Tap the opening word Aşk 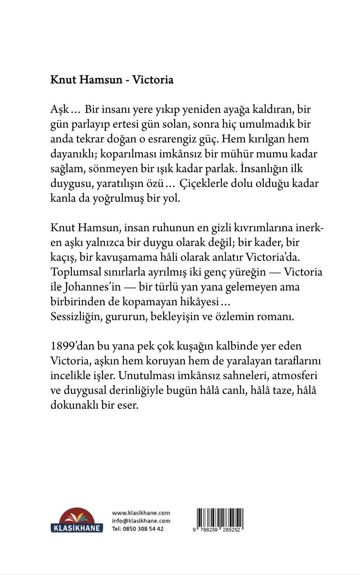click(61, 109)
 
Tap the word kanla click(63, 199)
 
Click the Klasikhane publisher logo click(77, 520)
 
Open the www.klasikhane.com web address click(141, 513)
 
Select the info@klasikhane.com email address click(141, 521)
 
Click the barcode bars click(220, 517)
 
